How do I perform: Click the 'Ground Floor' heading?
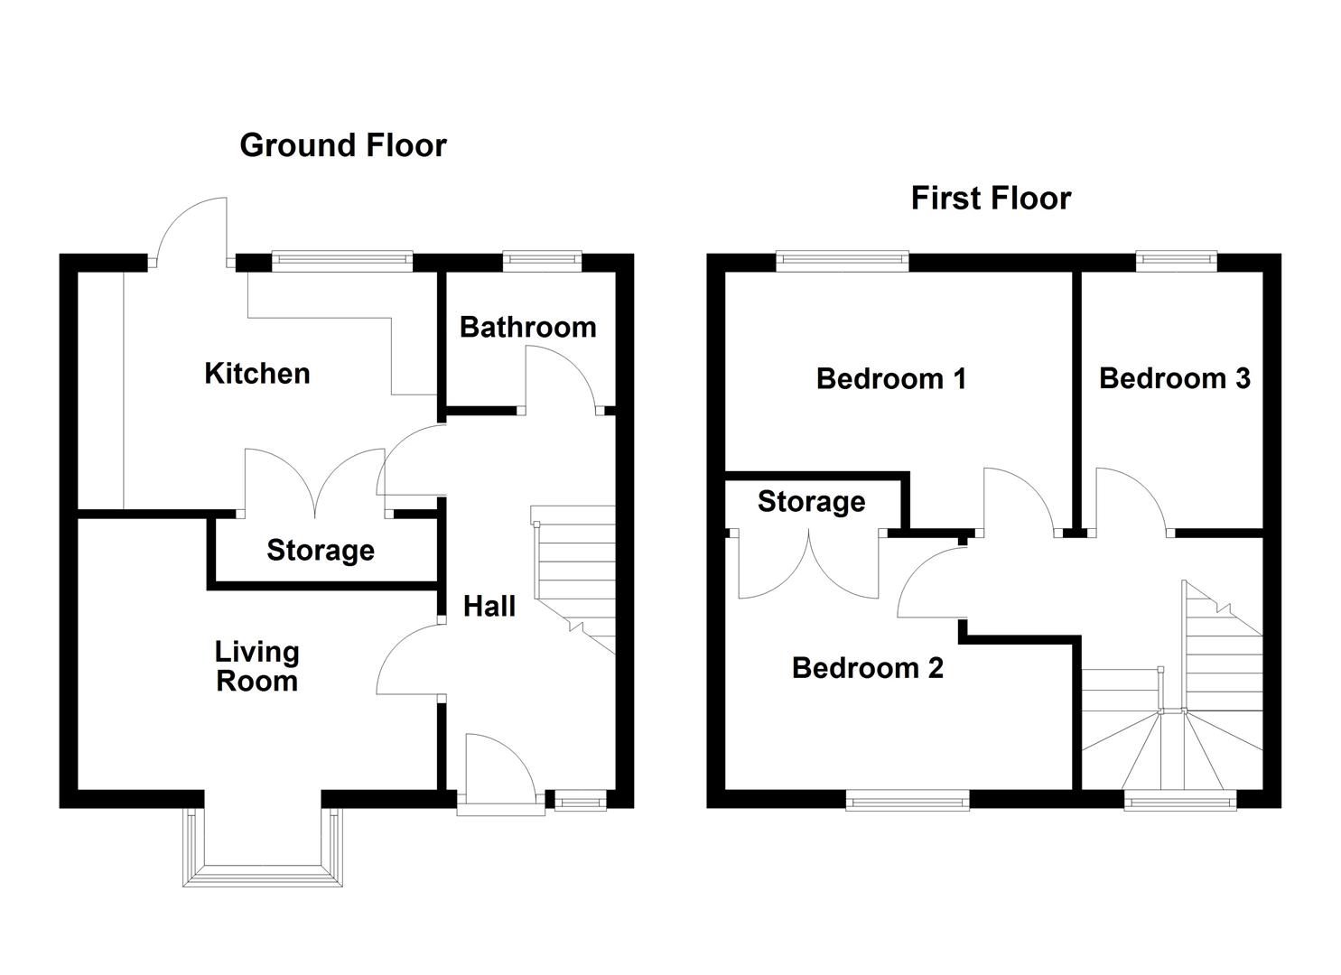click(343, 145)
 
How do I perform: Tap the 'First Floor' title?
click(991, 198)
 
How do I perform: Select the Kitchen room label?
click(257, 374)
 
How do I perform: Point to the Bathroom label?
click(528, 328)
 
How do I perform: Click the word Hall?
click(489, 607)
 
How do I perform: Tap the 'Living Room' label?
click(256, 666)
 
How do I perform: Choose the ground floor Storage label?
click(321, 551)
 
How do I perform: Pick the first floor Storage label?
click(811, 502)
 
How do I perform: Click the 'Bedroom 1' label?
click(891, 379)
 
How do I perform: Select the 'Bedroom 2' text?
click(868, 668)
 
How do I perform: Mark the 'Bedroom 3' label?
click(1175, 378)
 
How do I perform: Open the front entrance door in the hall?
click(501, 773)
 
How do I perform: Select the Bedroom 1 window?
click(843, 261)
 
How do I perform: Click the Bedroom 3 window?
click(1177, 261)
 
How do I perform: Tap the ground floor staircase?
click(573, 580)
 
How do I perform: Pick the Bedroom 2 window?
click(908, 800)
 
